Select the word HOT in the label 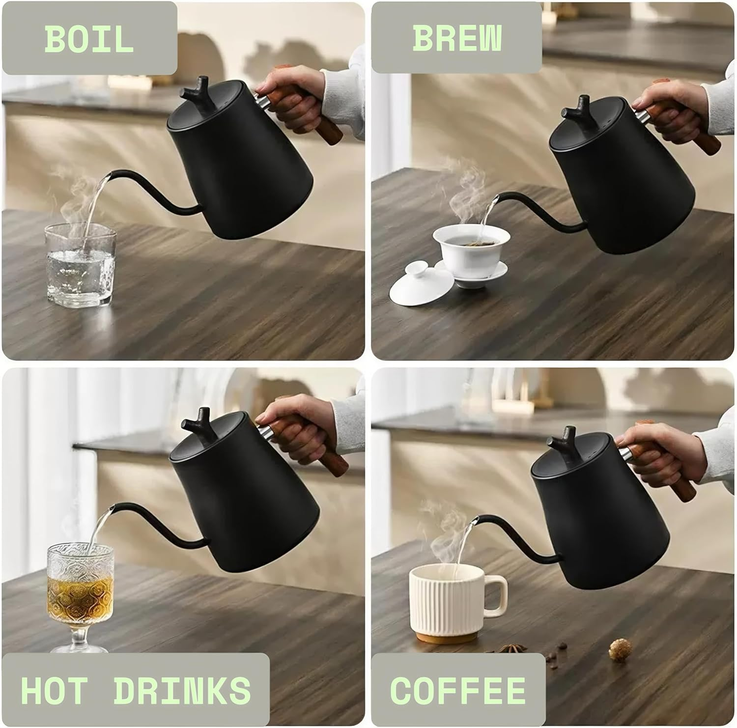(54, 690)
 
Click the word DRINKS (182, 690)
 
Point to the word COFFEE (457, 690)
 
